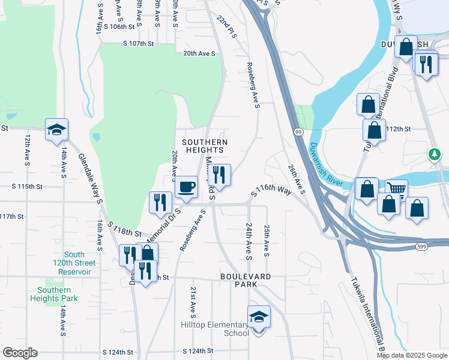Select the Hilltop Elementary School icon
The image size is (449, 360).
pyautogui.click(x=259, y=317)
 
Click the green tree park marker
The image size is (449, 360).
pyautogui.click(x=434, y=155)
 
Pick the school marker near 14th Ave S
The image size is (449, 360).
pyautogui.click(x=56, y=130)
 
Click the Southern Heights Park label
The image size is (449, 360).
pyautogui.click(x=53, y=294)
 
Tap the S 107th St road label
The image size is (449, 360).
pyautogui.click(x=139, y=44)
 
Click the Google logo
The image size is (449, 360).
pyautogui.click(x=20, y=353)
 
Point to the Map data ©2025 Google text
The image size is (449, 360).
pyautogui.click(x=412, y=355)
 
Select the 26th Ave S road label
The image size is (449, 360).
pyautogui.click(x=296, y=179)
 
